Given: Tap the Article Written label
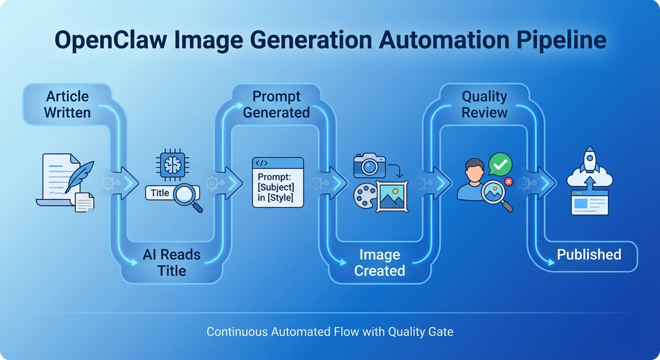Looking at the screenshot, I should (x=67, y=104).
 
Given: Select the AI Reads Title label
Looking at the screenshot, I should (x=172, y=262).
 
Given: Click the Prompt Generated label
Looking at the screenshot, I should (x=276, y=104).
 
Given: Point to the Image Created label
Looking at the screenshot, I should (x=380, y=262).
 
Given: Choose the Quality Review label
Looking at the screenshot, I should (x=485, y=104).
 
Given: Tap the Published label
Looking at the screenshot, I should (x=589, y=255).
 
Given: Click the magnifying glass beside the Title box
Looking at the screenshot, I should (x=187, y=195).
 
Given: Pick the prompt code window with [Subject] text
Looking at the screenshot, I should (x=278, y=182).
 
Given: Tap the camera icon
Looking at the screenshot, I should (x=369, y=165).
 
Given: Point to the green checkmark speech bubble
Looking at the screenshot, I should (x=500, y=164).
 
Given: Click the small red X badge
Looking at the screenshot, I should (x=508, y=181).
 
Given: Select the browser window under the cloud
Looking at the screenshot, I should (x=589, y=202).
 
